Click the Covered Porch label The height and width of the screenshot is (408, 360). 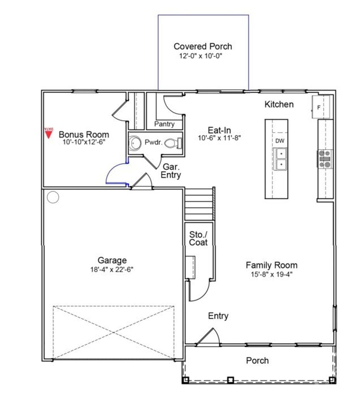click(203, 46)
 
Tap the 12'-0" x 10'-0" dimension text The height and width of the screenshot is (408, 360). click(201, 56)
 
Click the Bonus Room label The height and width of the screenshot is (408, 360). click(84, 135)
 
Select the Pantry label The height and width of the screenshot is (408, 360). click(164, 124)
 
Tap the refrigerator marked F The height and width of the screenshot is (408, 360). click(321, 107)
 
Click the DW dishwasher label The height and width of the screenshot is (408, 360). click(279, 141)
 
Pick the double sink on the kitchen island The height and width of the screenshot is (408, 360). click(280, 159)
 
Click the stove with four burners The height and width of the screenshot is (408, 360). click(325, 159)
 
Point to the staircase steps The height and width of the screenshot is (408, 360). click(199, 204)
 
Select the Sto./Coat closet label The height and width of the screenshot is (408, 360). click(198, 239)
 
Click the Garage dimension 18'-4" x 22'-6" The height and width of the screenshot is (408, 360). click(112, 270)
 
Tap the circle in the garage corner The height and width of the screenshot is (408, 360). click(53, 197)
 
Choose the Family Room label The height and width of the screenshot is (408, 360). click(271, 265)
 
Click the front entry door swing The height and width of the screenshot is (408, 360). click(210, 337)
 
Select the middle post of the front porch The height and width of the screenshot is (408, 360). click(230, 380)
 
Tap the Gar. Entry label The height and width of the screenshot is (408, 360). click(171, 171)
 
